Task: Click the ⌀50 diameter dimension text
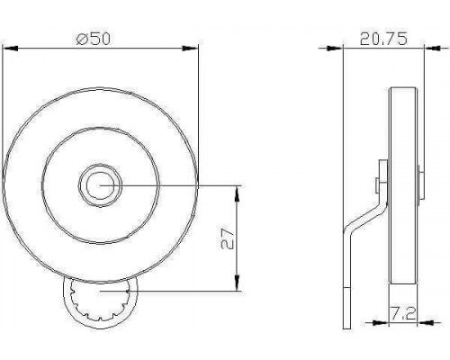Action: pos(94,39)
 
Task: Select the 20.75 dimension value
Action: pos(383,39)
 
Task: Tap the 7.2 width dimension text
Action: pos(403,313)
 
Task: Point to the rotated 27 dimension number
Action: pos(228,238)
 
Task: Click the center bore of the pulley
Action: pos(100,185)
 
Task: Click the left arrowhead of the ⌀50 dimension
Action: pos(10,48)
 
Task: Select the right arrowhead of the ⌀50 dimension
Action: pos(191,48)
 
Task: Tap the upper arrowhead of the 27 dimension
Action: pos(238,193)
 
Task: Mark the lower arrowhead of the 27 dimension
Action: pos(238,283)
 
